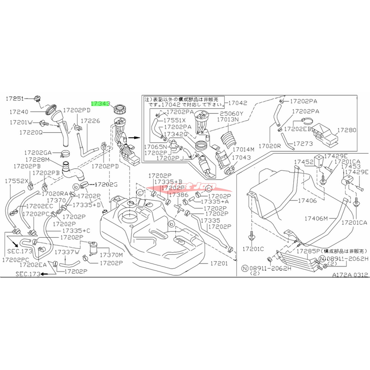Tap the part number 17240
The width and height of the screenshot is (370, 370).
pos(17,111)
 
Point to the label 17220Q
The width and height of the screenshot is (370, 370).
pos(31,132)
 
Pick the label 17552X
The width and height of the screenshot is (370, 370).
pos(17,181)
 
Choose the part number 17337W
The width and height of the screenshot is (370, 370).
pos(67,252)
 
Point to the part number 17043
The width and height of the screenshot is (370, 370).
pos(240,158)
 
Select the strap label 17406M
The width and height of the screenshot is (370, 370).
pos(316,217)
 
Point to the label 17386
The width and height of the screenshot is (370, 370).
pos(178,196)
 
